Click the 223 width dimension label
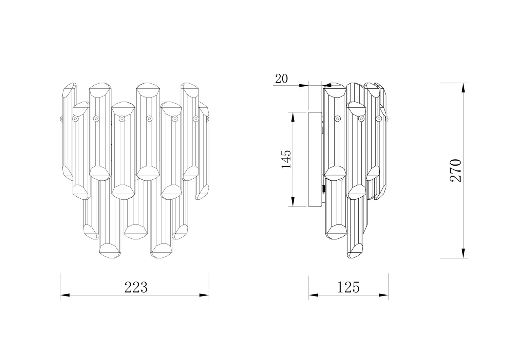tap(136, 287)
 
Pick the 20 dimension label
tap(281, 79)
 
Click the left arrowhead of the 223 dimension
tap(65, 295)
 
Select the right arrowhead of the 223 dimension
tap(204, 295)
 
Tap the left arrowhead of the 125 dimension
tap(313, 295)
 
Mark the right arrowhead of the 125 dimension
tap(383, 295)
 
